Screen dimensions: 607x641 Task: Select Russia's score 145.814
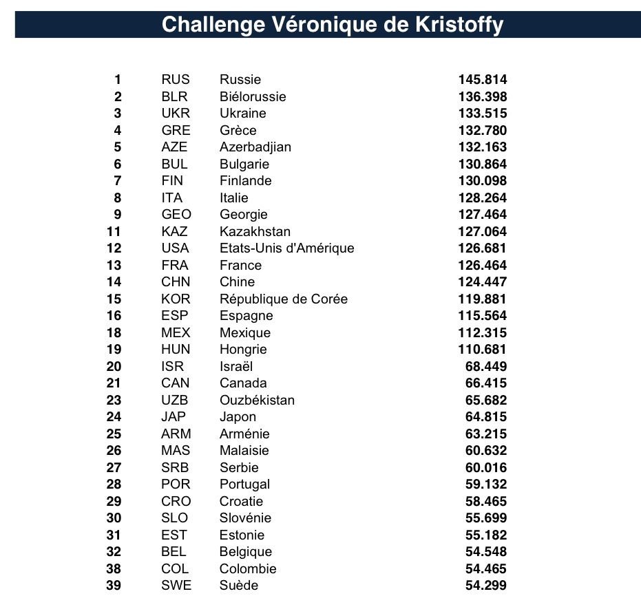coord(482,80)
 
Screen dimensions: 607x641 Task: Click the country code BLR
coord(174,96)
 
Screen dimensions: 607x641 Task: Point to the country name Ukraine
coord(242,114)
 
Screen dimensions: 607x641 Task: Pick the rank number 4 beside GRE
coord(118,130)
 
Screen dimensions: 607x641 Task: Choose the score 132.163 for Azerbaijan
coord(482,147)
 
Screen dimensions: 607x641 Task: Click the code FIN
coord(173,181)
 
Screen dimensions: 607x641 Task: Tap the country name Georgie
coord(243,215)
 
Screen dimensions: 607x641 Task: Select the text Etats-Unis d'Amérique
coord(286,248)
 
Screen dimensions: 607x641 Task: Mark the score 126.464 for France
coord(482,265)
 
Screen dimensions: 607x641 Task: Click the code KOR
coord(176,299)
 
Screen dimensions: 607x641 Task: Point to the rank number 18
coord(114,332)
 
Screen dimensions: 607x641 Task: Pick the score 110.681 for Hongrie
coord(482,350)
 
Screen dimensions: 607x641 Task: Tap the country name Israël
coord(236,366)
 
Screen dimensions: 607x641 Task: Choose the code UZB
coord(175,400)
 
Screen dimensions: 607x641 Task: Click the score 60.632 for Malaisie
coord(486,451)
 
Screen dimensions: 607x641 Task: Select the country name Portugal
coord(244,484)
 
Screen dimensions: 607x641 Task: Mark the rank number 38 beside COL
coord(114,569)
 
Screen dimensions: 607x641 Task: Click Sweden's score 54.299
coord(486,586)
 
